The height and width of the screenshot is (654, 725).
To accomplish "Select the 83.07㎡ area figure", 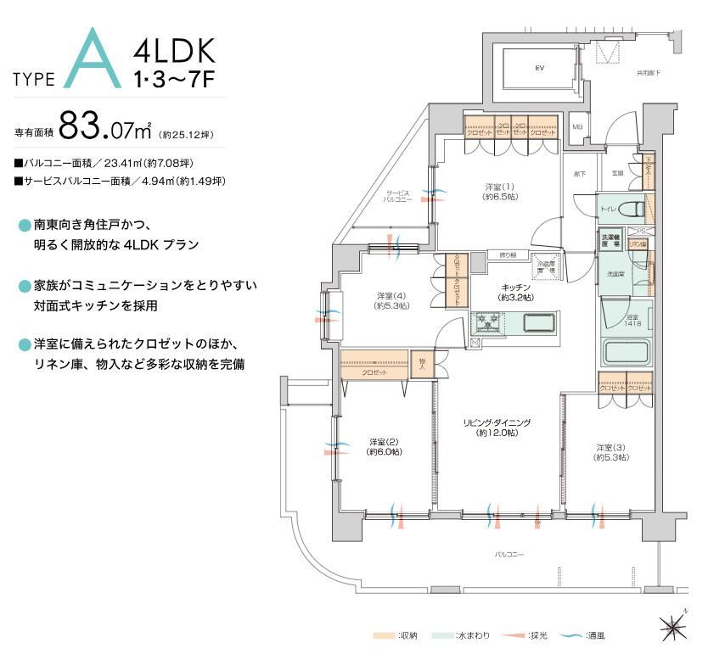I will pyautogui.click(x=105, y=130).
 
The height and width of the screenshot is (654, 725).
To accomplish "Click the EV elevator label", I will pyautogui.click(x=538, y=68).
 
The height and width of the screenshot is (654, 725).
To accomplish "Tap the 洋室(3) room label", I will pyautogui.click(x=610, y=452).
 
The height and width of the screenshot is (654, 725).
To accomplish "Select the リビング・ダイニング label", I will pyautogui.click(x=497, y=427).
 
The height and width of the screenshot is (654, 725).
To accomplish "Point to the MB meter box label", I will pyautogui.click(x=578, y=127).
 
